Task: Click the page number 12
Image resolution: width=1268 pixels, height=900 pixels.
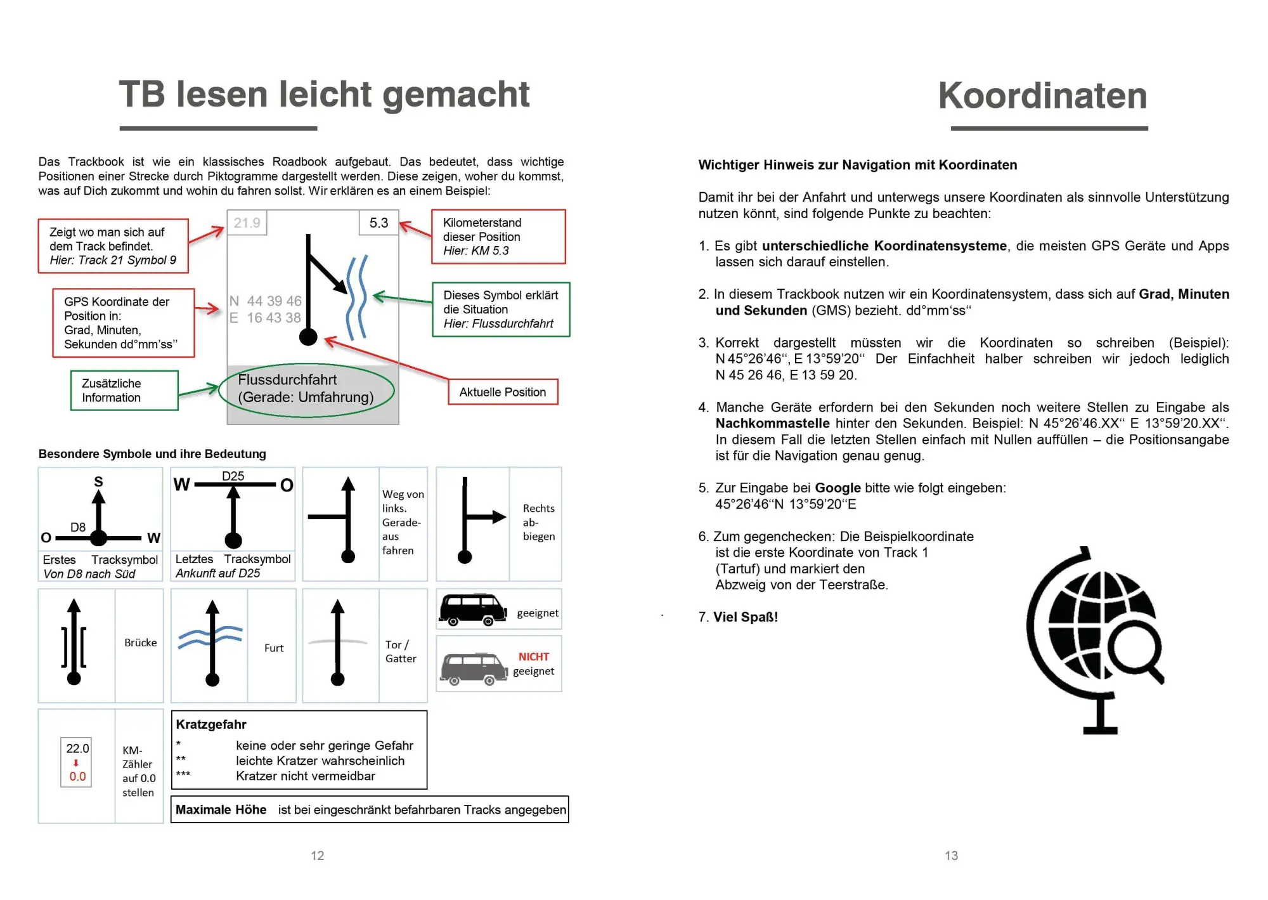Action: [317, 856]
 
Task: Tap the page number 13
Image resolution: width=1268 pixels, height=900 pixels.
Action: [951, 856]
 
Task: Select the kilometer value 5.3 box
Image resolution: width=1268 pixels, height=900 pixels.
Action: [378, 223]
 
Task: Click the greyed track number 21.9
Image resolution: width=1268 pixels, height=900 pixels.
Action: [247, 223]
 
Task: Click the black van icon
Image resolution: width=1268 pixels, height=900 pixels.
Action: [473, 610]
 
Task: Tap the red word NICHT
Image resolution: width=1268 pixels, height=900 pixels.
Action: [533, 656]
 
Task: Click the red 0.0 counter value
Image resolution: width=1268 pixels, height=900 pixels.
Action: [77, 776]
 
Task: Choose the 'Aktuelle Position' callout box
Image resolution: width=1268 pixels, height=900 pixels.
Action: [503, 392]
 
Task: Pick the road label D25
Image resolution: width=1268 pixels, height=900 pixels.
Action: [233, 476]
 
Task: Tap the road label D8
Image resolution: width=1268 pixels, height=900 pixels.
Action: [77, 527]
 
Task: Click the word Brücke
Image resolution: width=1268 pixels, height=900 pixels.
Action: [140, 642]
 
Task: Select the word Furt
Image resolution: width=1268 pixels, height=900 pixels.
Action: [274, 648]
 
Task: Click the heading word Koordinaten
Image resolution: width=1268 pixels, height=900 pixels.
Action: [1042, 96]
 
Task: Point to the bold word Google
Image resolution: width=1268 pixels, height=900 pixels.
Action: [838, 488]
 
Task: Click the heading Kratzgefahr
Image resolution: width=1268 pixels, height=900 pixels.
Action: [211, 724]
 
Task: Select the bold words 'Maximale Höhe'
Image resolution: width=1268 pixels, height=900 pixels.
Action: [221, 809]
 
